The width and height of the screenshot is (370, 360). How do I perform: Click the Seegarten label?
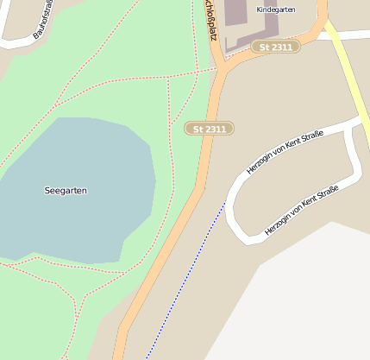click(66, 190)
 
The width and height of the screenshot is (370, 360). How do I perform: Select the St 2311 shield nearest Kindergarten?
click(276, 46)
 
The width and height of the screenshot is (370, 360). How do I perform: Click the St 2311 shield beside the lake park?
click(210, 129)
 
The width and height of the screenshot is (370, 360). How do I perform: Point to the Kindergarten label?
click(275, 9)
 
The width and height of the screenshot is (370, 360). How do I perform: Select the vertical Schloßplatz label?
click(210, 19)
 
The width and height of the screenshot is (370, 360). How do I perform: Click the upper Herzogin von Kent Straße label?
click(285, 152)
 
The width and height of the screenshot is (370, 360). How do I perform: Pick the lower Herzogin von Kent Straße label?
click(302, 210)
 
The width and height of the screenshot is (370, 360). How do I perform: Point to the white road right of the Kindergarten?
click(345, 35)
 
